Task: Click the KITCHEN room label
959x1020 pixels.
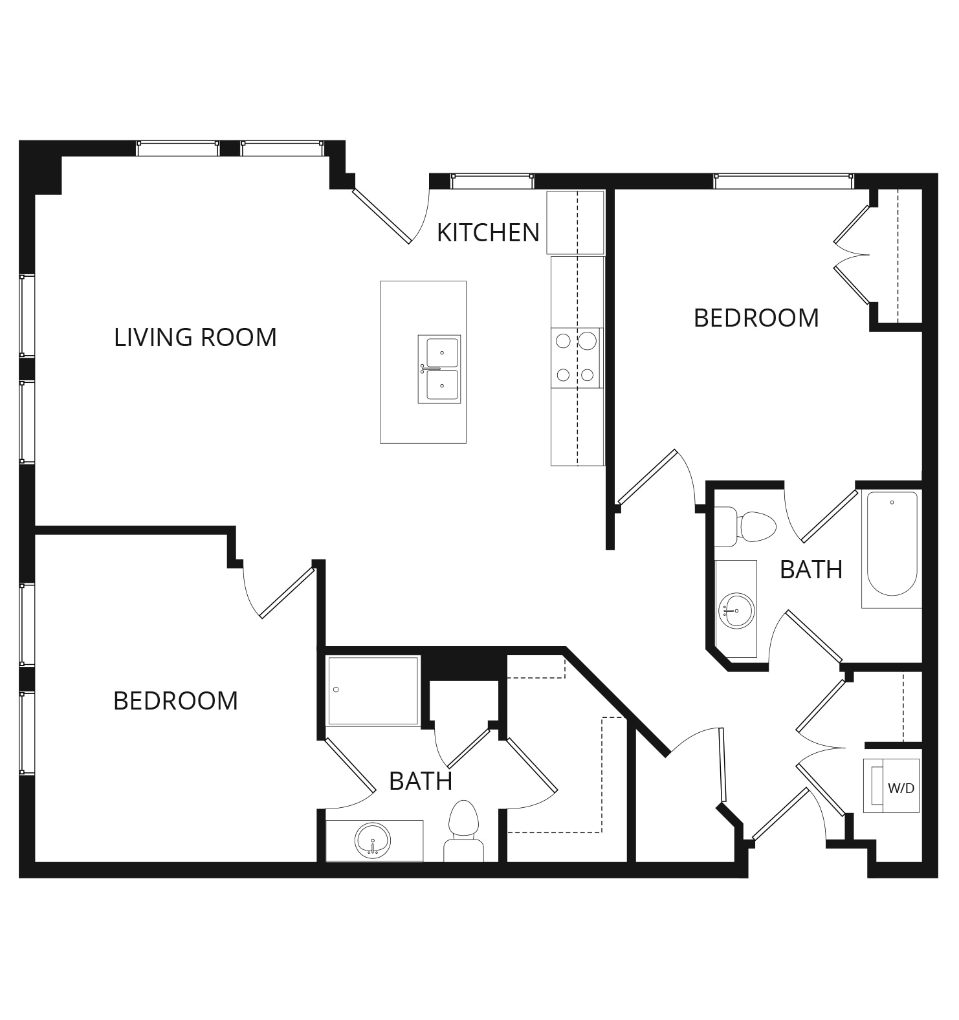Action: tap(488, 233)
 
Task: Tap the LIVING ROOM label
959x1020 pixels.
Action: tap(195, 338)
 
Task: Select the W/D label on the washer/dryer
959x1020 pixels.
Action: tap(901, 788)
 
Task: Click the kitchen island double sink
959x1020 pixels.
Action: tap(439, 369)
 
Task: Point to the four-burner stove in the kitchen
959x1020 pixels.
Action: tap(577, 358)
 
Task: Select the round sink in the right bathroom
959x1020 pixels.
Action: tap(736, 611)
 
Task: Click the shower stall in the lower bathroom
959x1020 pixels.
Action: tap(373, 691)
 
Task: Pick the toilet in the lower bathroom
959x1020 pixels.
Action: tap(463, 830)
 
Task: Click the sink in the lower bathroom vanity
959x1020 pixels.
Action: tap(373, 841)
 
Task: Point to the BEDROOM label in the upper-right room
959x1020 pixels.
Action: tap(756, 318)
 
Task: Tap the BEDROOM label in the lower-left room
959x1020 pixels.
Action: tap(176, 701)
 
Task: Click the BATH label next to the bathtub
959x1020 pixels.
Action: tap(811, 570)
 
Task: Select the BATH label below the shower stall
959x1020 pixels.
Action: tap(421, 781)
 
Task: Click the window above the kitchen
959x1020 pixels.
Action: tap(492, 181)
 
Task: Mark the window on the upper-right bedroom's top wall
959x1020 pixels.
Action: tap(784, 181)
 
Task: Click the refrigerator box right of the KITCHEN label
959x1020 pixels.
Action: tap(575, 222)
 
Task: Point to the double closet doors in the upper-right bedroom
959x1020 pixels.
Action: tap(852, 255)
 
